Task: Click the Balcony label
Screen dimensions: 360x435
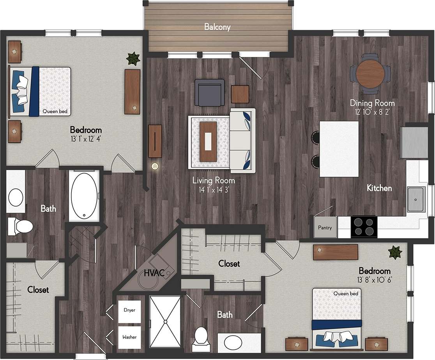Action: click(x=217, y=27)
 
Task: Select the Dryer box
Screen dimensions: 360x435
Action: click(x=130, y=311)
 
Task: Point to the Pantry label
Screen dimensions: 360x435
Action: click(x=325, y=227)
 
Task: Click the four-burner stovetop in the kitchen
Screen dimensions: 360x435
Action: click(x=364, y=227)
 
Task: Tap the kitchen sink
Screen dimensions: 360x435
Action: click(x=416, y=199)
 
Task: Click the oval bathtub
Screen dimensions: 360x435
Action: click(x=84, y=195)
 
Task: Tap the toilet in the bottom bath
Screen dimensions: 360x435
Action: click(x=202, y=336)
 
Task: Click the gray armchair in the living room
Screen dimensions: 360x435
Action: click(x=210, y=92)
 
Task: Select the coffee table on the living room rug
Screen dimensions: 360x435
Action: click(x=208, y=141)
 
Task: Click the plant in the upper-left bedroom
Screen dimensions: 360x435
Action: click(x=133, y=59)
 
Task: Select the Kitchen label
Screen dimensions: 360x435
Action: click(x=379, y=188)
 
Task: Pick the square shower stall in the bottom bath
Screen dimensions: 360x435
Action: click(x=165, y=321)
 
